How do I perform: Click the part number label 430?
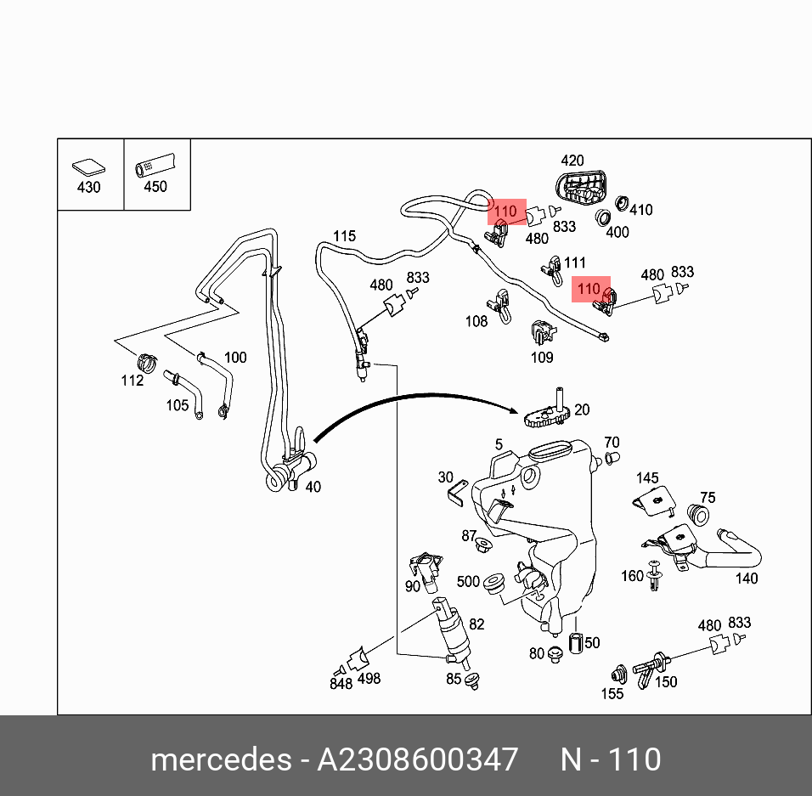point(88,187)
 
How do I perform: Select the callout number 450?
point(155,187)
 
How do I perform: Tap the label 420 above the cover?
point(572,161)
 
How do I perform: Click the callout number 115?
point(344,236)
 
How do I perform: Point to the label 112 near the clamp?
point(132,381)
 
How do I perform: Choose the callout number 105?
point(177,405)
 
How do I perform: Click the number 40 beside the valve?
point(313,487)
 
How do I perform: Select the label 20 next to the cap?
point(582,409)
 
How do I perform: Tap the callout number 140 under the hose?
point(747,579)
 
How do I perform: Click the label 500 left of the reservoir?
point(468,582)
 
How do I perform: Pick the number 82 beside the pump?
point(476,624)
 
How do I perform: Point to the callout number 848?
point(341,684)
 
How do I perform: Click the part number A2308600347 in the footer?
point(417,759)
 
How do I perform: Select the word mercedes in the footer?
point(220,759)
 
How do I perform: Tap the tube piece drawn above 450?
point(155,164)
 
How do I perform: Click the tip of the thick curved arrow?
point(518,411)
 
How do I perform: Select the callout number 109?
point(542,358)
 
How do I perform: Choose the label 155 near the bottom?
point(612,693)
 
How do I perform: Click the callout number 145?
point(648,478)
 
